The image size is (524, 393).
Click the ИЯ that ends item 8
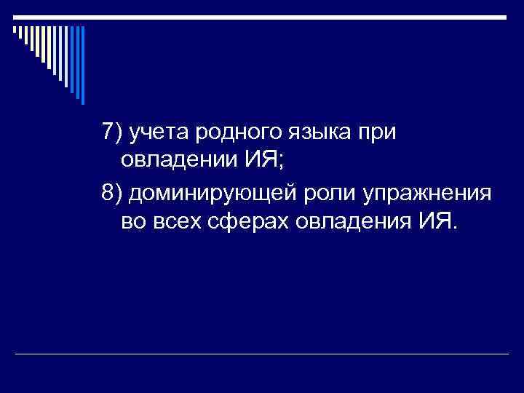434,220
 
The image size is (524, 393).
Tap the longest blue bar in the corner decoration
82,65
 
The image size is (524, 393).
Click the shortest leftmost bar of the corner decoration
14,31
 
